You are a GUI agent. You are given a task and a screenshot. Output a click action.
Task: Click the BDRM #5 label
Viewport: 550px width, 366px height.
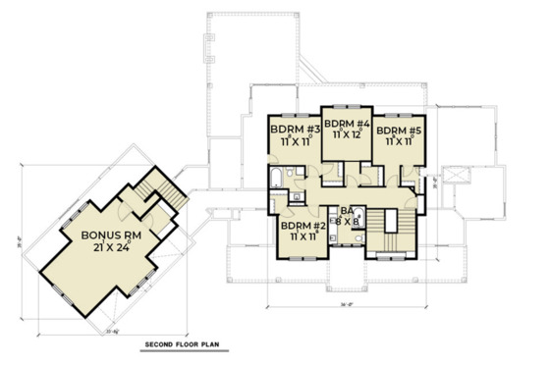tap(398, 129)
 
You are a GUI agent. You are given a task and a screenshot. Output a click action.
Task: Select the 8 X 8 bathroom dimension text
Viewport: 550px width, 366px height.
tap(346, 223)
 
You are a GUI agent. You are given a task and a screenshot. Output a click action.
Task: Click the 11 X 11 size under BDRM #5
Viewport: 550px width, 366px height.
tap(398, 141)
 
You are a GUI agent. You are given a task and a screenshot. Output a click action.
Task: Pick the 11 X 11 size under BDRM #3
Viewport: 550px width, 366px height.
tap(291, 140)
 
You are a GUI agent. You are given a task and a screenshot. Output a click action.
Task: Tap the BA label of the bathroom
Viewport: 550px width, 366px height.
tap(345, 210)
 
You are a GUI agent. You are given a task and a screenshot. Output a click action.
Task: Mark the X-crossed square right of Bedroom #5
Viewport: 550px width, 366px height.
tap(454, 173)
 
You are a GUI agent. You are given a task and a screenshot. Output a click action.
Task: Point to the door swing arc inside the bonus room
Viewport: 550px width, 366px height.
tap(126, 211)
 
